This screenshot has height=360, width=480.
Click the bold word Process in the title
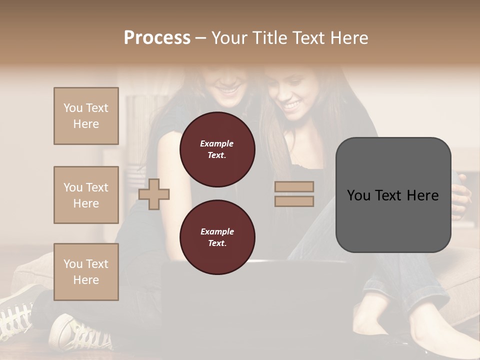[157, 38]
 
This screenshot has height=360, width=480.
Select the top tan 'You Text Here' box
[86, 116]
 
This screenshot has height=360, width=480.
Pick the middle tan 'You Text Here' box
[86, 195]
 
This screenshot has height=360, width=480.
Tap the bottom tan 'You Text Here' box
[86, 272]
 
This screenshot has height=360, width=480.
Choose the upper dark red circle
[217, 149]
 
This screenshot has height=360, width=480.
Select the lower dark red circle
[217, 237]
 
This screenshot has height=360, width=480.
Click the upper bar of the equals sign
[294, 186]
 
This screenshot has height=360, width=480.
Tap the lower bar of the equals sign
[294, 201]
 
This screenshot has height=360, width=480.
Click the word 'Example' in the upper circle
[217, 143]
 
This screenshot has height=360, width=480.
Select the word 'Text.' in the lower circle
[217, 243]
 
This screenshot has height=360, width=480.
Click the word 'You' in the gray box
[359, 195]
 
